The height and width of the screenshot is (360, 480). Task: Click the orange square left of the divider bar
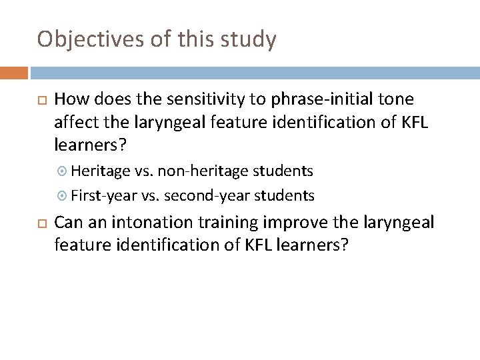[14, 72]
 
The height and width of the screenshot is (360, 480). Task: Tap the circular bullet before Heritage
[63, 171]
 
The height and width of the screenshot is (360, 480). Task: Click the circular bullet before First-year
[63, 196]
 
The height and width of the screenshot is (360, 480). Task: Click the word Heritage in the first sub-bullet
[98, 171]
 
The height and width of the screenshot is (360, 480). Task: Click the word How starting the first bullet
[71, 100]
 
